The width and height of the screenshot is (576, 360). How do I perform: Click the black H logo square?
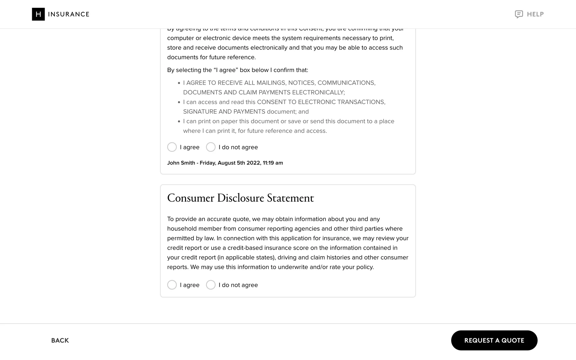[x=38, y=14]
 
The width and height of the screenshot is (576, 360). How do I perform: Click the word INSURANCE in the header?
[x=69, y=14]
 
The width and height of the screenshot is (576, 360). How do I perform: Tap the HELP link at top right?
[x=535, y=14]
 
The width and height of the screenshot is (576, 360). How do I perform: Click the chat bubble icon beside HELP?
[x=519, y=14]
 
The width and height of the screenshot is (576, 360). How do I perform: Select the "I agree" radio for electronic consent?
[x=172, y=147]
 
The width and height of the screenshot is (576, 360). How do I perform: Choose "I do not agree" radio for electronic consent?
[x=211, y=147]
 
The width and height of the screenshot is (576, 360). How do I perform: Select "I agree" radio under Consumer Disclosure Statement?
[x=172, y=285]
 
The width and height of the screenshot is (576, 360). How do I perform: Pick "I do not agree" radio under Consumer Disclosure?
[x=211, y=285]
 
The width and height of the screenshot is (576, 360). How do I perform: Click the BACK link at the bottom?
[x=60, y=340]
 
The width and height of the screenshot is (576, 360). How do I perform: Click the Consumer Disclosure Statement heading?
[x=240, y=198]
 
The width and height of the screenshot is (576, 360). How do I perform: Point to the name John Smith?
[x=181, y=163]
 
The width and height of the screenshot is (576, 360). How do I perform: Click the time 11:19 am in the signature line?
[x=273, y=163]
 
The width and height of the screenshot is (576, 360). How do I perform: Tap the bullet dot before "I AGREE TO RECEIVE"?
[x=179, y=83]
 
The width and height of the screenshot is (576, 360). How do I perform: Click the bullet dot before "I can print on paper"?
[x=179, y=121]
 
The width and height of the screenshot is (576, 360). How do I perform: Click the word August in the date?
[x=226, y=163]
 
